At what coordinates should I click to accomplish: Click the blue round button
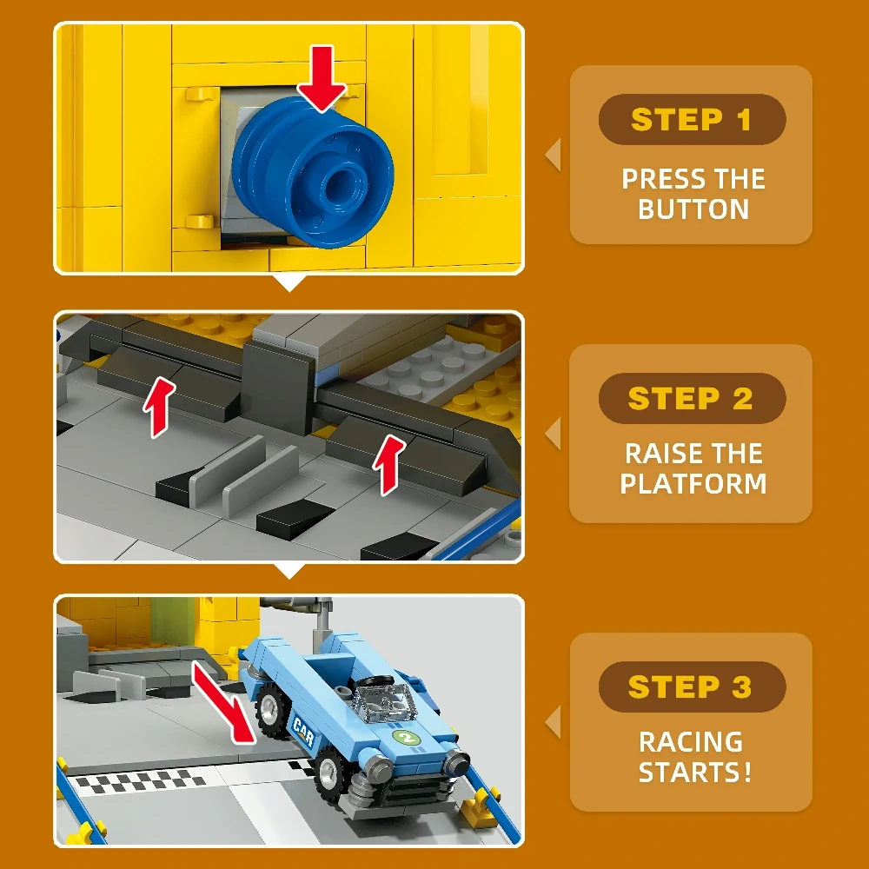click(x=313, y=172)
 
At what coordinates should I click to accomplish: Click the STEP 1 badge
click(x=692, y=119)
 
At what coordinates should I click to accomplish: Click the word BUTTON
click(x=693, y=209)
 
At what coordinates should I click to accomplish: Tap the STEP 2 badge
click(x=692, y=398)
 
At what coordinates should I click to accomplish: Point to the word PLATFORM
click(x=693, y=483)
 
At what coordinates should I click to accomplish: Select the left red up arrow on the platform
click(x=159, y=408)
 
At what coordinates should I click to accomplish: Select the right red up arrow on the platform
click(x=389, y=464)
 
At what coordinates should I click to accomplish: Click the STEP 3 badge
click(x=692, y=687)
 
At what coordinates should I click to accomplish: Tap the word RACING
click(x=691, y=742)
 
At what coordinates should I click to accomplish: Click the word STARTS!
click(x=695, y=772)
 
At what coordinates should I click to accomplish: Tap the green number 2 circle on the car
click(x=408, y=738)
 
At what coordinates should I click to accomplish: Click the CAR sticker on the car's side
click(x=303, y=731)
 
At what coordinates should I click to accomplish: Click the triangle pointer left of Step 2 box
click(x=553, y=434)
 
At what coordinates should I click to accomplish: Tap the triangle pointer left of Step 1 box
click(x=553, y=154)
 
